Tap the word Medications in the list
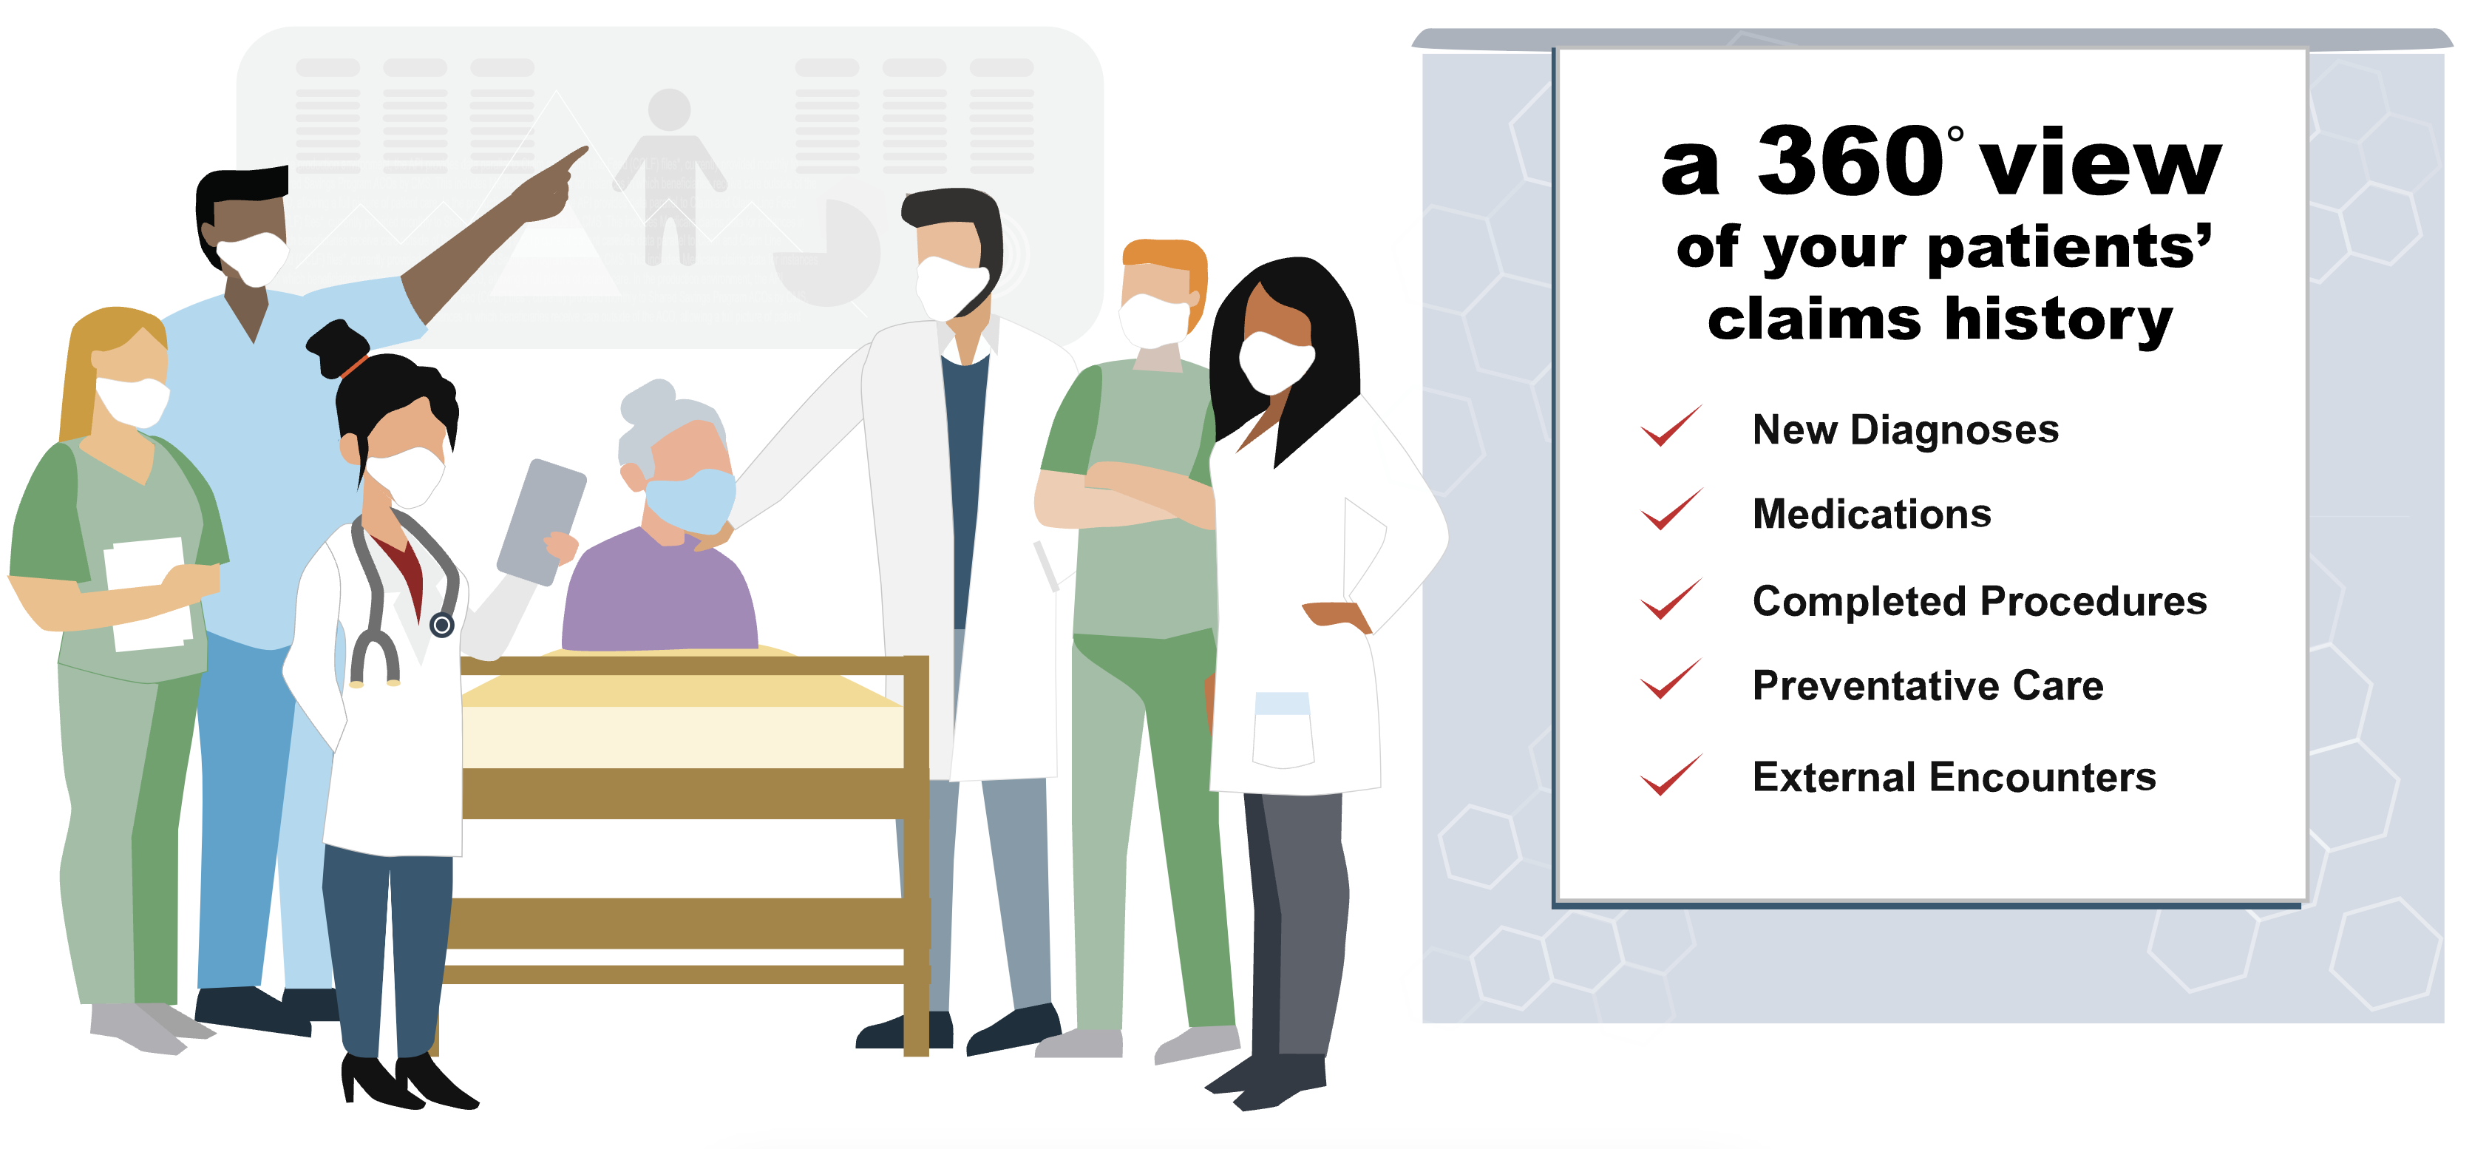1871,515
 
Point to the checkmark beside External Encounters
1671,775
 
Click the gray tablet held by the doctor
541,521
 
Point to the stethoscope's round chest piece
441,626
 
